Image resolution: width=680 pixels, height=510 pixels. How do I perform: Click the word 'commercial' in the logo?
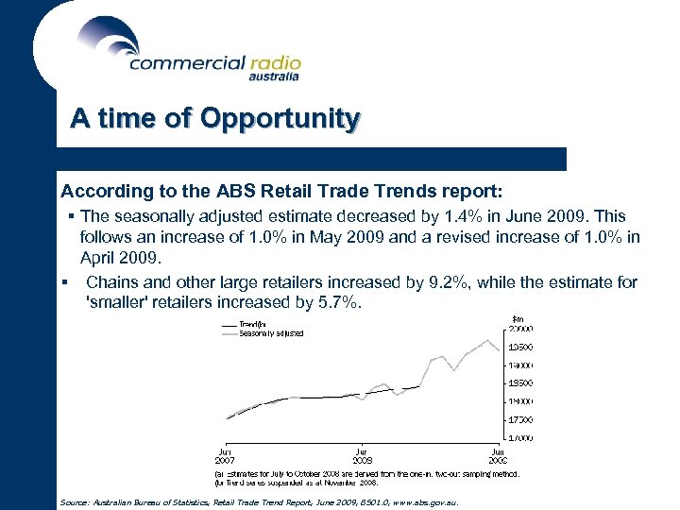pyautogui.click(x=186, y=63)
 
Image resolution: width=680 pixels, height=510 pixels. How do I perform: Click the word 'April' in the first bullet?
pyautogui.click(x=99, y=257)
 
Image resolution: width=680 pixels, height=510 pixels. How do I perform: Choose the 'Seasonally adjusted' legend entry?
pyautogui.click(x=270, y=333)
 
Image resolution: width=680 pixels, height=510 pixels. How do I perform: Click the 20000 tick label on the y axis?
pyautogui.click(x=521, y=329)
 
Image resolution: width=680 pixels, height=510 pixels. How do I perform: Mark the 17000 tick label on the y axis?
pyautogui.click(x=521, y=437)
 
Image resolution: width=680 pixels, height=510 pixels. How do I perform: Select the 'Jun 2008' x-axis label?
pyautogui.click(x=362, y=455)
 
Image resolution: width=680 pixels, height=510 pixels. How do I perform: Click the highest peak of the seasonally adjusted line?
pyautogui.click(x=487, y=340)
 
